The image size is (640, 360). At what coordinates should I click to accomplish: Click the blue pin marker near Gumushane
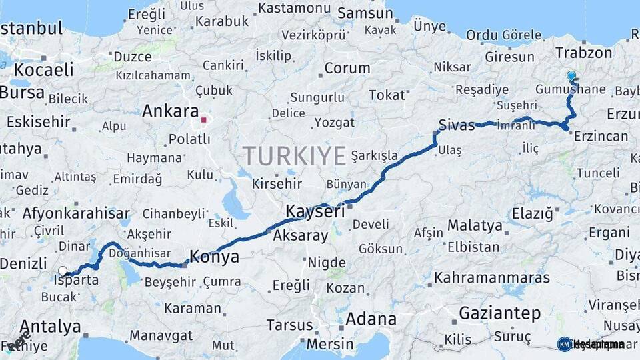571,76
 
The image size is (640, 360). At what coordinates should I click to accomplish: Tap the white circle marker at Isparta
63,271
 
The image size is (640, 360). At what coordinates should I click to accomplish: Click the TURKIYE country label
294,156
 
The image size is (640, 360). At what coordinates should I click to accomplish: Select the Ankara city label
171,111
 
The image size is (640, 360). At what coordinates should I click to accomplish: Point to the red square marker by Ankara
205,121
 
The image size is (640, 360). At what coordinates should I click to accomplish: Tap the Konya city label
215,256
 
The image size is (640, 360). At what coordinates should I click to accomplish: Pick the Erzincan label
599,137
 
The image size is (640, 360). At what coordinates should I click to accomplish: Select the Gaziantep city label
499,313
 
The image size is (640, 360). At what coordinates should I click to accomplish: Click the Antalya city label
50,327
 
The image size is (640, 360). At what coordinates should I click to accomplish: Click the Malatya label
475,225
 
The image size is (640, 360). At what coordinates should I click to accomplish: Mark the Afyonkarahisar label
76,214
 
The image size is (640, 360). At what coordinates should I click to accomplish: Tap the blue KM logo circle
565,344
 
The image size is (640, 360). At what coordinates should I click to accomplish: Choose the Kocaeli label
43,69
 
